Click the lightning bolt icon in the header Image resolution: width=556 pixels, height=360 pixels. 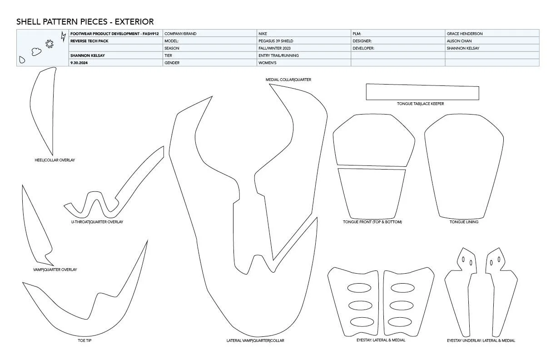(x=63, y=37)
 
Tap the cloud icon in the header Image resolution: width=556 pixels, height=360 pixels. (x=36, y=52)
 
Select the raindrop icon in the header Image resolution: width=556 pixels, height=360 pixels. (x=22, y=60)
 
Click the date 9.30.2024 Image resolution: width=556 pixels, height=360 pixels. (x=79, y=63)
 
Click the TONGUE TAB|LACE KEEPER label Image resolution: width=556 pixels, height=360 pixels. (x=420, y=104)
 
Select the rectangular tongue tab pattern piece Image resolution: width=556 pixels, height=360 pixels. (x=422, y=92)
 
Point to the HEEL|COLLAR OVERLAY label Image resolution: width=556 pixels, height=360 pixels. (x=55, y=160)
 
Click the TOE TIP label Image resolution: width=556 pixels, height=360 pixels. (x=84, y=340)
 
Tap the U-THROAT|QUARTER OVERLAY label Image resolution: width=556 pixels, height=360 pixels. (x=97, y=222)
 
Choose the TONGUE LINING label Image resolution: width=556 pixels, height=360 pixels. (x=464, y=222)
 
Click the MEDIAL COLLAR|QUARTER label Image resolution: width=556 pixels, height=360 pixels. (x=288, y=80)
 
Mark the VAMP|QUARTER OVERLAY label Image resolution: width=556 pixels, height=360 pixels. (x=55, y=270)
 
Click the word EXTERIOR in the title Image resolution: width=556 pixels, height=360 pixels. (x=134, y=22)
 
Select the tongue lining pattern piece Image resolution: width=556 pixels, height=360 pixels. (x=464, y=166)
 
